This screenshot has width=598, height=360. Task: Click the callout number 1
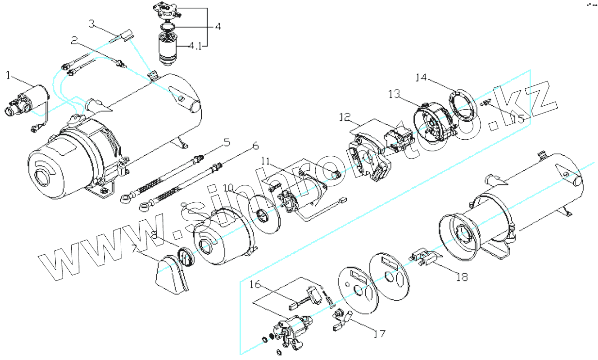(x=8, y=75)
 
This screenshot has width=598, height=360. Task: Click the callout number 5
(x=226, y=143)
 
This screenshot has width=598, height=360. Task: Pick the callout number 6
(x=255, y=146)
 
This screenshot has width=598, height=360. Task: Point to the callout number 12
(x=345, y=117)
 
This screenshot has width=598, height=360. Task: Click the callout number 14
(x=422, y=78)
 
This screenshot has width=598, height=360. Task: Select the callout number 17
(x=379, y=334)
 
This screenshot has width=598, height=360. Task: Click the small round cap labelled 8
(x=186, y=256)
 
